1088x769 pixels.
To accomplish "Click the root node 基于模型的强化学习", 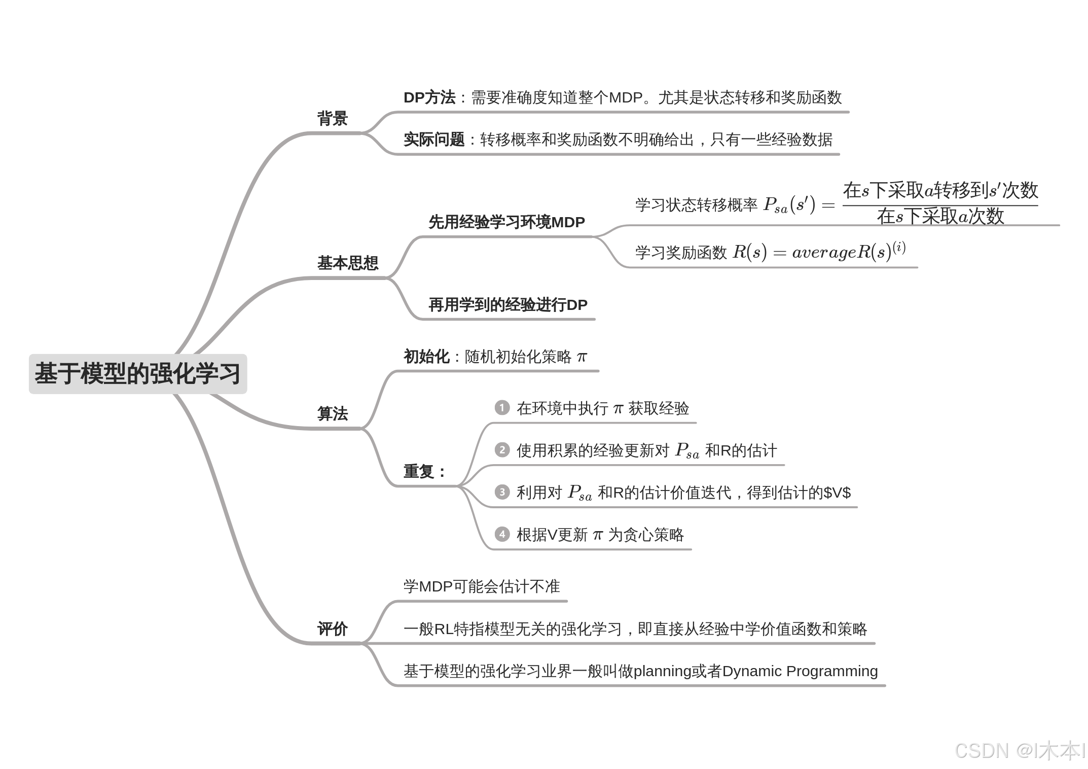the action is point(137,374).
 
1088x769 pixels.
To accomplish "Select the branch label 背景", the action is point(333,119).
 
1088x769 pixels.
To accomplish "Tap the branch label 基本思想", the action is point(348,263).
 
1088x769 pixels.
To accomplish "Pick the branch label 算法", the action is point(333,413).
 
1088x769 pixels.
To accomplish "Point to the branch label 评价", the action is point(333,629).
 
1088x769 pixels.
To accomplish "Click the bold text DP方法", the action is point(429,97).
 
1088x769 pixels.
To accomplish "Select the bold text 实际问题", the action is point(434,139).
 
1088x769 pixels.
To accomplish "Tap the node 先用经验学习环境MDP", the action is point(506,222).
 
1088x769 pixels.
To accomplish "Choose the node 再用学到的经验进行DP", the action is point(508,305).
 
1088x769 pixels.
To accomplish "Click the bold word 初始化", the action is point(426,357).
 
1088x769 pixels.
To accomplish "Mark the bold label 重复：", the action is point(424,471).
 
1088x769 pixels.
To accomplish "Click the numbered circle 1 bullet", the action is point(502,408).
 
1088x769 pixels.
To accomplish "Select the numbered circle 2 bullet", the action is point(502,450).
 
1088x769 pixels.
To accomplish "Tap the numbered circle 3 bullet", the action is point(502,492).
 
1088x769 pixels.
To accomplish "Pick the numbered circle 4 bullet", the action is point(502,534).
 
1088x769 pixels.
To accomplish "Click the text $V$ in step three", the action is point(837,493).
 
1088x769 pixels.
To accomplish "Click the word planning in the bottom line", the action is point(663,671).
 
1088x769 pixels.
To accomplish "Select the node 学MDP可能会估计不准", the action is point(482,586).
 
